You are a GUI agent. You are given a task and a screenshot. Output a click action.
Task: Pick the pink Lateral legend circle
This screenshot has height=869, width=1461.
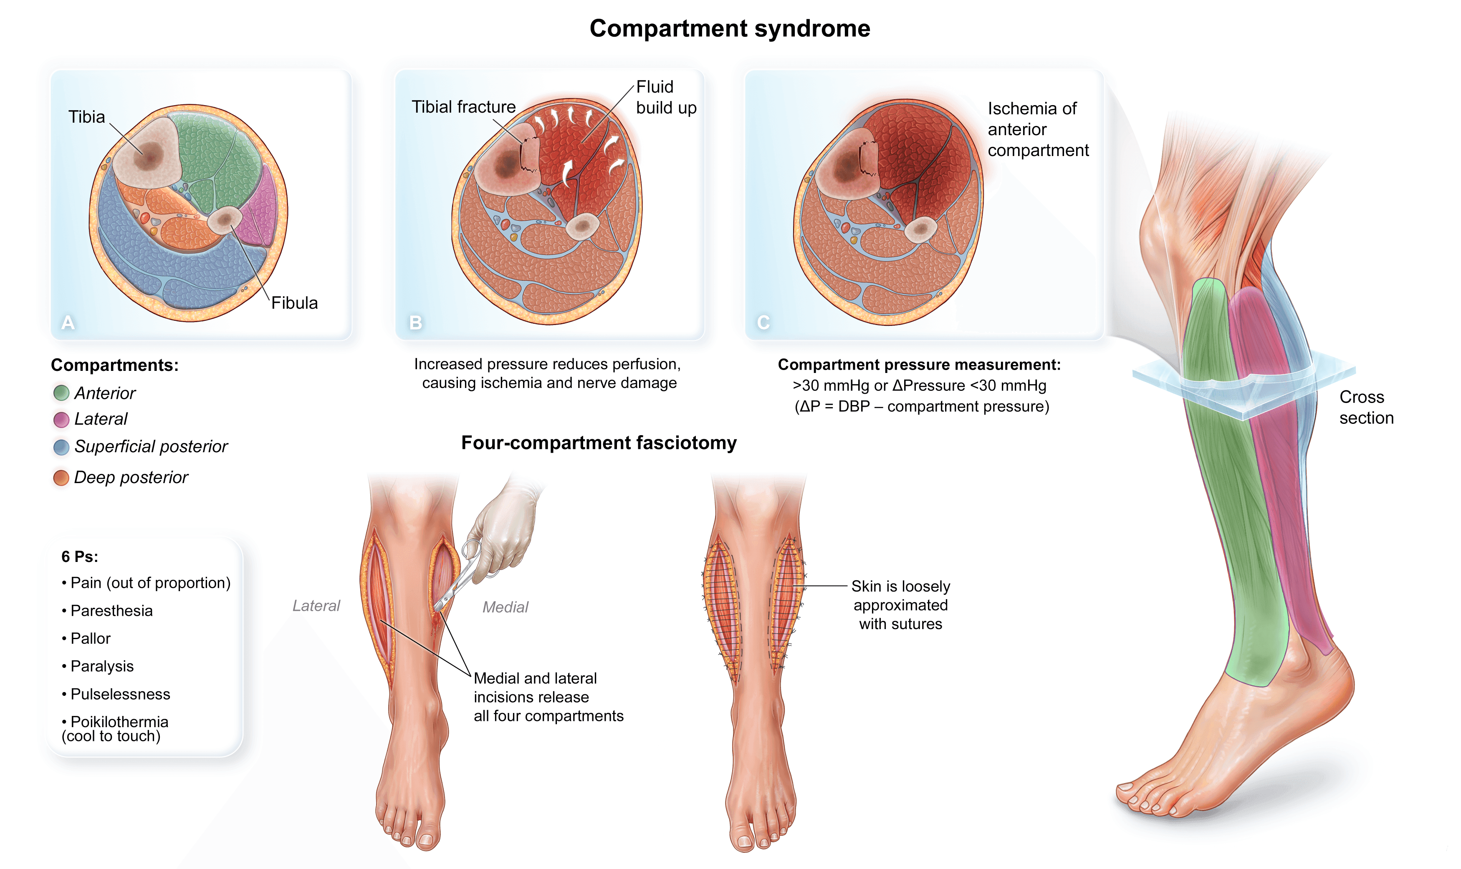[x=61, y=419]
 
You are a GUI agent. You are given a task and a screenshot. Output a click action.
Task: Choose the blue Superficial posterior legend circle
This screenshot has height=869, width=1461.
[x=61, y=447]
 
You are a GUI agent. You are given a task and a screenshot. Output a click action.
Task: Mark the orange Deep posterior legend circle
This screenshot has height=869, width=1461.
[x=61, y=478]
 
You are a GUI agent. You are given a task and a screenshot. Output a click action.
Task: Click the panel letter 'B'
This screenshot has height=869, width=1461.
[x=415, y=322]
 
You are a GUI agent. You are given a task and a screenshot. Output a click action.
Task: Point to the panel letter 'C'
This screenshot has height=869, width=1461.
[x=763, y=322]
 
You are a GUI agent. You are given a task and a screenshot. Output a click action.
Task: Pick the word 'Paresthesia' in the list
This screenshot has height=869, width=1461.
[x=111, y=610]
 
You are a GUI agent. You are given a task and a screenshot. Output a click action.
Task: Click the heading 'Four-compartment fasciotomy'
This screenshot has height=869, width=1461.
[x=599, y=443]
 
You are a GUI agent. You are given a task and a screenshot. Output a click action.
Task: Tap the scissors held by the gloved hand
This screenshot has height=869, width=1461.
[x=460, y=577]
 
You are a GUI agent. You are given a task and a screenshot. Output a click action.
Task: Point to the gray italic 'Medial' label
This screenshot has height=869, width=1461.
[x=505, y=607]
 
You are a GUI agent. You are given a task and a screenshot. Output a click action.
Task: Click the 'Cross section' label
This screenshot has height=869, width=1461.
[x=1365, y=407]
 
